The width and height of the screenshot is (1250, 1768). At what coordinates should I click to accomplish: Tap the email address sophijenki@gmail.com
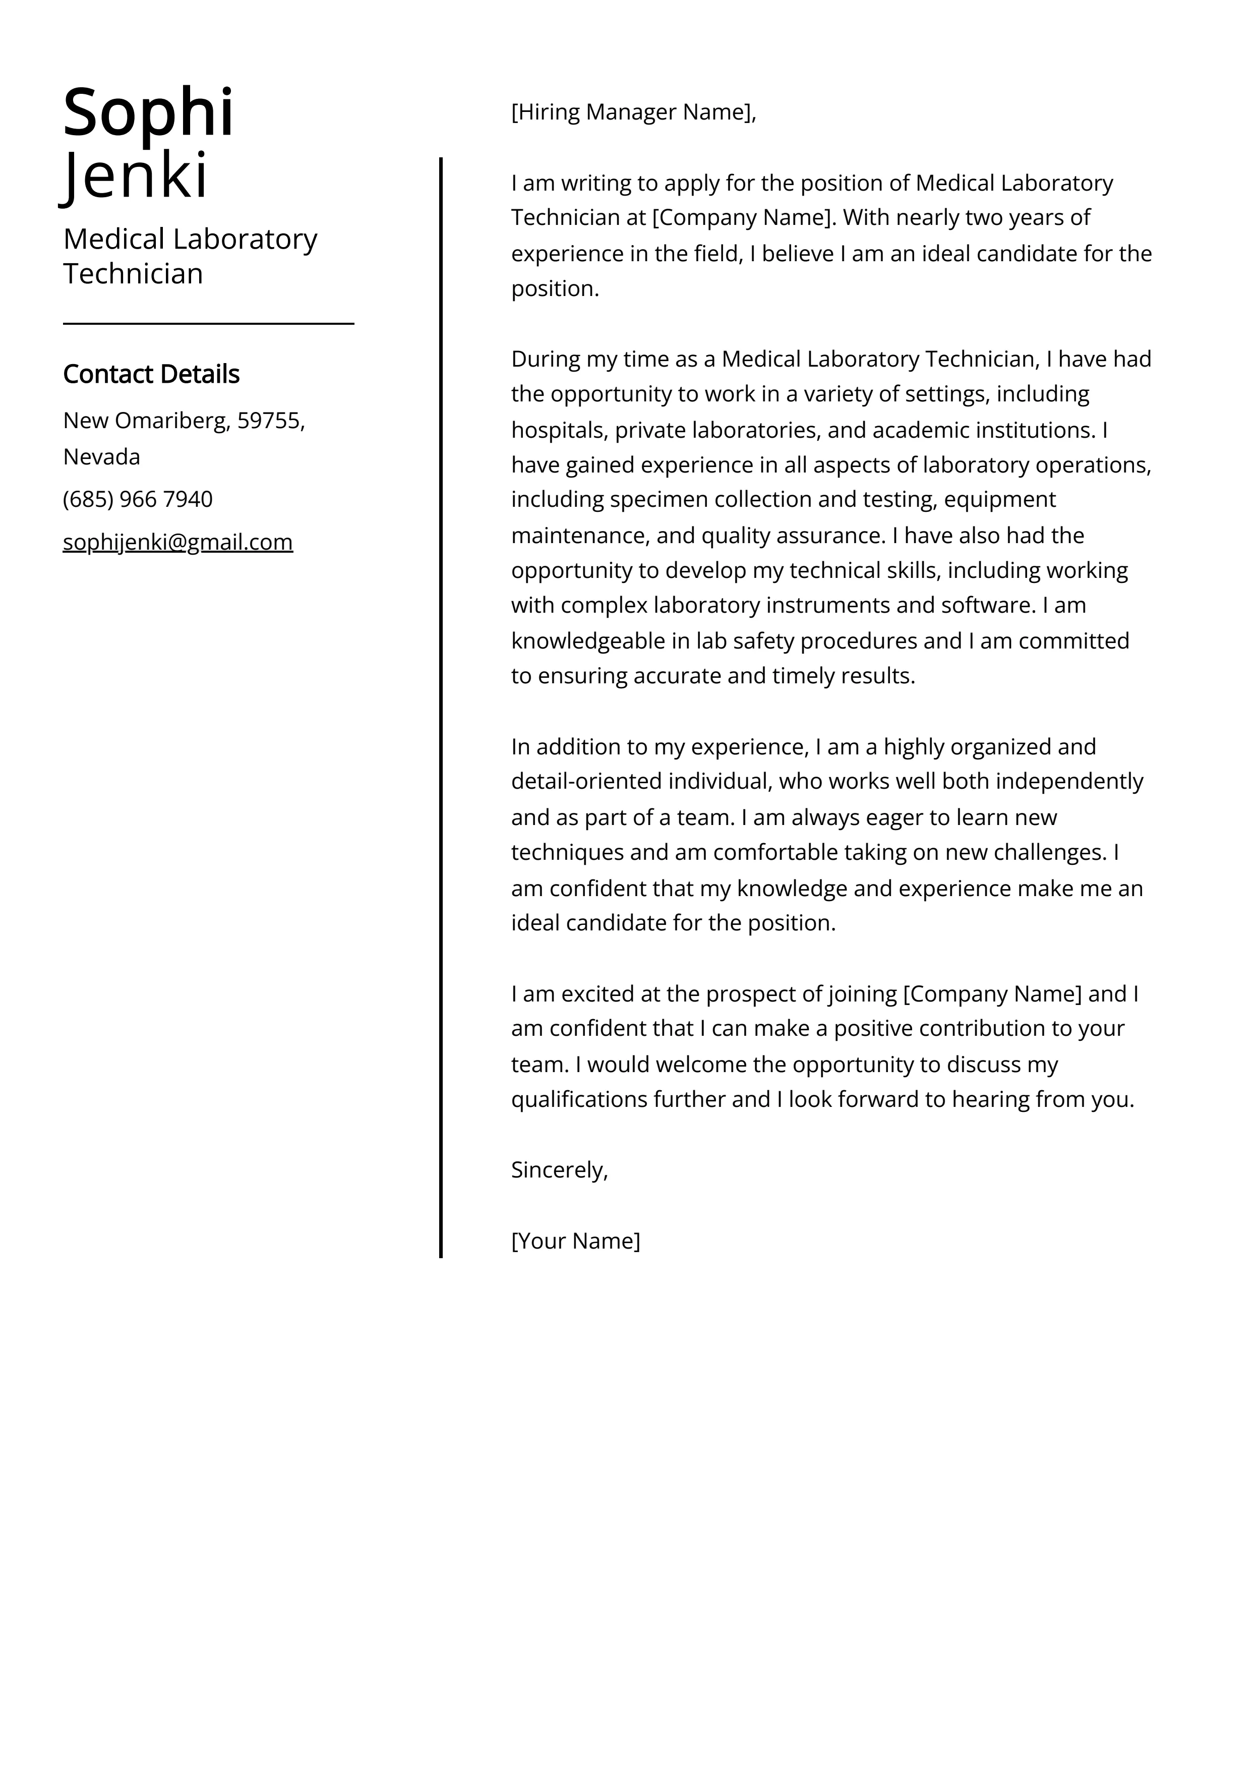click(x=178, y=542)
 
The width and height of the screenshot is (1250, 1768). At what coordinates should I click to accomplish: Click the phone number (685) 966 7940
click(x=138, y=499)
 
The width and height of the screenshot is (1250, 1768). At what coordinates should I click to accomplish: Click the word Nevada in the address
click(x=102, y=457)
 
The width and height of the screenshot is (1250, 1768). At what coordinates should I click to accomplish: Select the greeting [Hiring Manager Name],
click(x=634, y=112)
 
